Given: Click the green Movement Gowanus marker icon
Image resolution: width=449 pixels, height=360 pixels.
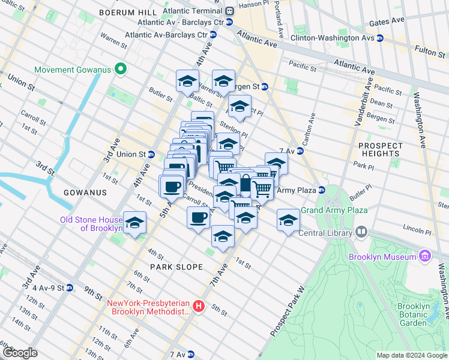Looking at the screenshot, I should [x=120, y=70].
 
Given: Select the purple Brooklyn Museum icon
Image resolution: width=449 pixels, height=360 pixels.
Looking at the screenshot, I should [x=425, y=257].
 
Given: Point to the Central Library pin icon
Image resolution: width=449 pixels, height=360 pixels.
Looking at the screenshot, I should [x=361, y=232].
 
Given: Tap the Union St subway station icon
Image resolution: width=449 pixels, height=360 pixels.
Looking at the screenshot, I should [x=152, y=154].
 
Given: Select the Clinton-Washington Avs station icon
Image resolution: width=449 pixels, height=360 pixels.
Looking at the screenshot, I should [x=380, y=38].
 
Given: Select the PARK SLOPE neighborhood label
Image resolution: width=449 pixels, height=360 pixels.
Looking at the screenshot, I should [x=176, y=266].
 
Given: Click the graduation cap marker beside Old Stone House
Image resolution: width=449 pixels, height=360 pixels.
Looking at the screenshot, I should [x=135, y=223].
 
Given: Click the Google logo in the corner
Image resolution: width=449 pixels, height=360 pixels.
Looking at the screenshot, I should [x=19, y=353].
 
